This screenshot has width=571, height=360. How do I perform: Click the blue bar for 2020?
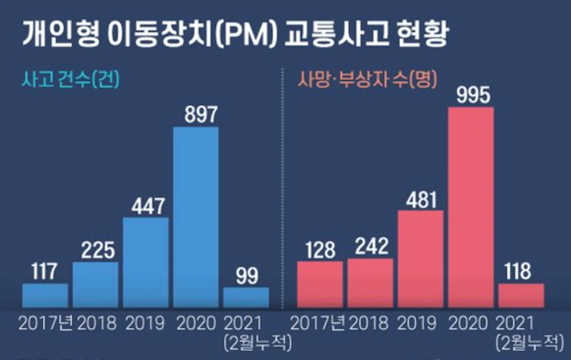tap(196, 217)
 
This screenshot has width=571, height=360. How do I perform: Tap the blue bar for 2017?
tap(45, 295)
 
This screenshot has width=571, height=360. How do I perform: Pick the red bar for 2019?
tap(420, 259)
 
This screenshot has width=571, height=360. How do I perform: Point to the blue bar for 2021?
tap(246, 297)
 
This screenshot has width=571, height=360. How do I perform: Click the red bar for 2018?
tap(370, 283)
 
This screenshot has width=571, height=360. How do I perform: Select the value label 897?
tap(196, 115)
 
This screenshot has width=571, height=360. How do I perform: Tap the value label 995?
tap(471, 95)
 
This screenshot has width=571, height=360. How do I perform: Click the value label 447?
tap(146, 206)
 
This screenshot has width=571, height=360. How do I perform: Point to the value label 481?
tap(420, 199)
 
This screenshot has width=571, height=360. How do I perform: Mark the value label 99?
tap(246, 275)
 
